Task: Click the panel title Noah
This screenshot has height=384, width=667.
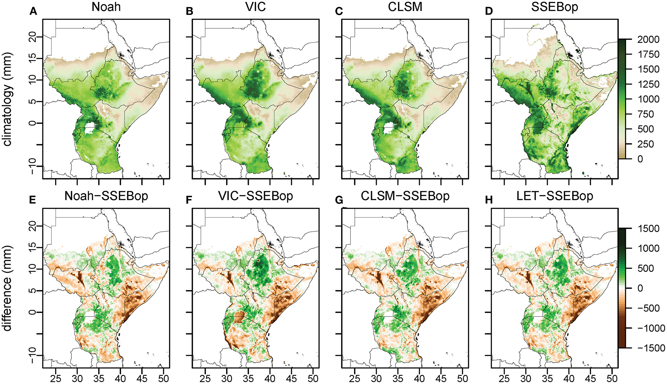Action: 106,7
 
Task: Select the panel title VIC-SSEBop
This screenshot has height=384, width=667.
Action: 255,196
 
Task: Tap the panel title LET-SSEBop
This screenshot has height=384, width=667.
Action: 554,196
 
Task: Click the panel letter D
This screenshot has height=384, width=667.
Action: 489,11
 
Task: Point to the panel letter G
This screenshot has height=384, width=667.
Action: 339,200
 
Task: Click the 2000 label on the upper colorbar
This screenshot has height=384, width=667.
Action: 648,40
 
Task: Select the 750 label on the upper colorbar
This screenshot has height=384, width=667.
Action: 646,114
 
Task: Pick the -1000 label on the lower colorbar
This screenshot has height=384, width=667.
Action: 651,328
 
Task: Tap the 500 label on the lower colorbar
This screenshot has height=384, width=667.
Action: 646,268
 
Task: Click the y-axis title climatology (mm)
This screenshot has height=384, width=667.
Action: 7,99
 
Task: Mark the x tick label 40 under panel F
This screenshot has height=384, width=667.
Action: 270,378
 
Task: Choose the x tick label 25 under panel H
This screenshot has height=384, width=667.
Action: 504,378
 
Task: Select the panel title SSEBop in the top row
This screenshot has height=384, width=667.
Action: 554,7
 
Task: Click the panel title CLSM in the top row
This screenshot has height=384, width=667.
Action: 405,7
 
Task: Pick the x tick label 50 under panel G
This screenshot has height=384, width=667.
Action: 462,378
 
